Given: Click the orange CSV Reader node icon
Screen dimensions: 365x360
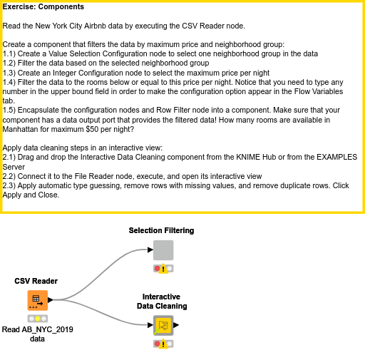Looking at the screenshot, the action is pyautogui.click(x=38, y=300).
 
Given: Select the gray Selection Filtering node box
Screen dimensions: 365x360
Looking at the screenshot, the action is pyautogui.click(x=163, y=250).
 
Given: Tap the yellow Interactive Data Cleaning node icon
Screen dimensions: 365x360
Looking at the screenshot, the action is pyautogui.click(x=163, y=325).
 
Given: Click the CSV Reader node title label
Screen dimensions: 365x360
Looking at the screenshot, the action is pyautogui.click(x=36, y=281).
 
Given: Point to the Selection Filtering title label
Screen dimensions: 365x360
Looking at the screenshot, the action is pyautogui.click(x=161, y=230).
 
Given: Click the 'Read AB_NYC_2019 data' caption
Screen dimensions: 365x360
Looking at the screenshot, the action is pyautogui.click(x=38, y=334).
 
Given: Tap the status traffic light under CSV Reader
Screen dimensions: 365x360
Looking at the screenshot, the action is pyautogui.click(x=38, y=319).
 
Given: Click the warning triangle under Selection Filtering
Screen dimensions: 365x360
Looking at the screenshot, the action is pyautogui.click(x=163, y=269).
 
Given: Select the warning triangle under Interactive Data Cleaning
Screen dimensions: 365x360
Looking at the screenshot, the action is pyautogui.click(x=163, y=344).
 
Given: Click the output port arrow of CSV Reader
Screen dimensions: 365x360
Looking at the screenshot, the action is pyautogui.click(x=51, y=300).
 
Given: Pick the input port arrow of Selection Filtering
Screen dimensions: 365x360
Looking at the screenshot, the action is pyautogui.click(x=150, y=250).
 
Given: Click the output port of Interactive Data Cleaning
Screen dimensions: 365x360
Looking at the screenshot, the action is pyautogui.click(x=176, y=325).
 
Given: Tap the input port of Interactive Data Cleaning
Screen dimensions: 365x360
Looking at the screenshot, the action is pyautogui.click(x=150, y=325).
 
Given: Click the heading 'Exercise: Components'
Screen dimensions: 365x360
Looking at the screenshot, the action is pyautogui.click(x=43, y=6).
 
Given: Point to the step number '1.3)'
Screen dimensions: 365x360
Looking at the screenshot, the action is pyautogui.click(x=9, y=73).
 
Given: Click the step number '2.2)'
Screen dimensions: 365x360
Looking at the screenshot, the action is pyautogui.click(x=9, y=176).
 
